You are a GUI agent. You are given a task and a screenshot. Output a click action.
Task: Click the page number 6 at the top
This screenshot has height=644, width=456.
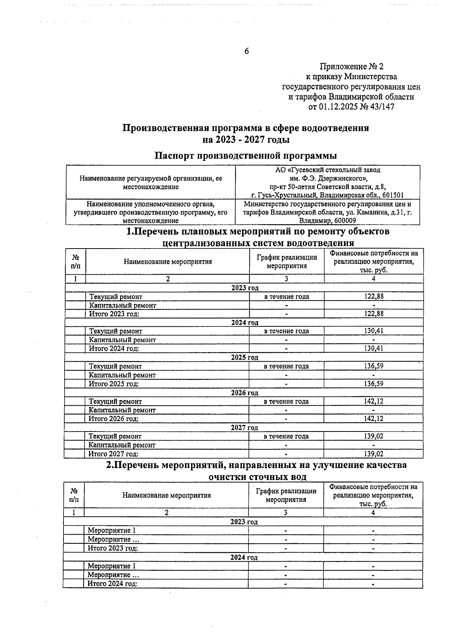[x=246, y=51]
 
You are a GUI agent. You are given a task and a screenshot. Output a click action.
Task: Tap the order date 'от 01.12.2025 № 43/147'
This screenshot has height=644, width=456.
[x=351, y=107]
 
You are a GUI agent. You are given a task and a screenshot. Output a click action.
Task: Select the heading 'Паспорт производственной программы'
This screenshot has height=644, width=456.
[x=246, y=156]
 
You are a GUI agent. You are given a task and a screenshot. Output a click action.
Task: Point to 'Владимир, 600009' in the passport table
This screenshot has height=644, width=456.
[x=327, y=221]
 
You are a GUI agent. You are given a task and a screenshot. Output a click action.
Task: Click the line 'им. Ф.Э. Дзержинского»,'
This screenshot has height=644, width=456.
[x=327, y=178]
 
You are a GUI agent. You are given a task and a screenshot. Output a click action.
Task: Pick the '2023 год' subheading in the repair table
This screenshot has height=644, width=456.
[x=245, y=288]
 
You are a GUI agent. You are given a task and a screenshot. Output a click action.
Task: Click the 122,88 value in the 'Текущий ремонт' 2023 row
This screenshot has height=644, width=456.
[x=374, y=297]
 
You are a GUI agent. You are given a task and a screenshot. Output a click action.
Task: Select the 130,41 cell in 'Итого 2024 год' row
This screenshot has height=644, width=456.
[x=374, y=348]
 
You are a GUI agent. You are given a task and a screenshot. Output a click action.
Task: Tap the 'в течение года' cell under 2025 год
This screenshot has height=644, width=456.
[x=286, y=366]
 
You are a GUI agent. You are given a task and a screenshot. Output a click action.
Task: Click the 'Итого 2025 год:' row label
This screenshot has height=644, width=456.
[x=114, y=384]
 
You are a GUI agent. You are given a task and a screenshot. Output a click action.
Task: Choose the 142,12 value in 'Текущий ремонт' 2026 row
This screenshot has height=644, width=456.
[x=374, y=402]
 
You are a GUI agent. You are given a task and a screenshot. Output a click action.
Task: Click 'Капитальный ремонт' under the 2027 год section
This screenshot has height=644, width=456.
[x=122, y=445]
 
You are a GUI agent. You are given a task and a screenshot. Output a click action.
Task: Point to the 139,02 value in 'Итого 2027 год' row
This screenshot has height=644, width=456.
[x=374, y=454]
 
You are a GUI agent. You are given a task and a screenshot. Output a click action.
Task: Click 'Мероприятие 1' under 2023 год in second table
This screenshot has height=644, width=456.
[x=112, y=531]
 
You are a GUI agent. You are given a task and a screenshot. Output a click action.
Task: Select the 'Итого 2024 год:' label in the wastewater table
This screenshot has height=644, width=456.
[x=112, y=584]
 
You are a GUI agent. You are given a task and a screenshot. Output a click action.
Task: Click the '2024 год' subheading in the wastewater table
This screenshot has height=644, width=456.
[x=244, y=557]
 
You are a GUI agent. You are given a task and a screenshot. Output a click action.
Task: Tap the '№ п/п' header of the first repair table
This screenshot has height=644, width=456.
[x=75, y=261]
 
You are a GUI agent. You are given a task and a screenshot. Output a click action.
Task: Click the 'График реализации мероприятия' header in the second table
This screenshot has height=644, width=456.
[x=286, y=495]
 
